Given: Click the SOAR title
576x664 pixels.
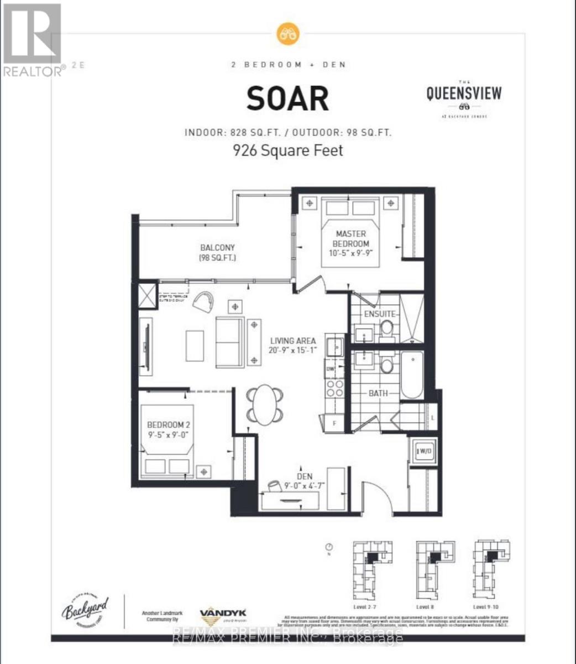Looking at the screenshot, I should (x=287, y=98).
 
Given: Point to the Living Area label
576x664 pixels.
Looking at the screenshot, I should (x=293, y=345).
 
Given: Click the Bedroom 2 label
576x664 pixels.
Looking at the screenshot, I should (x=169, y=429).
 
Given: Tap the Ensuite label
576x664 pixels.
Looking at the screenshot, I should (x=379, y=314).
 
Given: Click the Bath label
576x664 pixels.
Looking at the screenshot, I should (x=378, y=393).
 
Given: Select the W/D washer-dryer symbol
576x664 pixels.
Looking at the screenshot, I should (x=419, y=451).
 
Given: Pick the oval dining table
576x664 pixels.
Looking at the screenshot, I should (x=266, y=404).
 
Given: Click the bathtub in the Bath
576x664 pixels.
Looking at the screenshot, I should (x=412, y=375).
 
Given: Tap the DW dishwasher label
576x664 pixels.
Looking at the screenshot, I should (x=331, y=369).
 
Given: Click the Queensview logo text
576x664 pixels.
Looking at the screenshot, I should (x=464, y=93).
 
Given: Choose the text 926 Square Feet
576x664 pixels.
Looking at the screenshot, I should (x=287, y=150).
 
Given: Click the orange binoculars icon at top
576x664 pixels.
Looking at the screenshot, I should (x=287, y=33).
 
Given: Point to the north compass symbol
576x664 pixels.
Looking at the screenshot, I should (x=328, y=547).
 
